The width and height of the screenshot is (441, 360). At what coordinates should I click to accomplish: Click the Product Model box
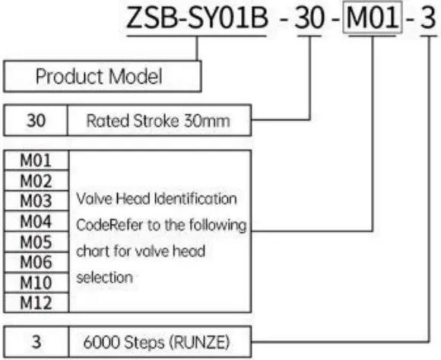(x=103, y=77)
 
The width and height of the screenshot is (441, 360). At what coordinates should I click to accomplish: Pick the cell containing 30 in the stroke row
(x=36, y=119)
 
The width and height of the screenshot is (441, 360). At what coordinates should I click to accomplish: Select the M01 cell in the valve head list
(x=36, y=161)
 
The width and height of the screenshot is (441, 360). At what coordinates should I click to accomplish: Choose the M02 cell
(x=36, y=180)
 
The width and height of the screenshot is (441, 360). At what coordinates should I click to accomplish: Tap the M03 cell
(x=36, y=199)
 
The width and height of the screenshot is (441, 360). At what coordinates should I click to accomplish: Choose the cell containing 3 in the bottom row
(x=36, y=340)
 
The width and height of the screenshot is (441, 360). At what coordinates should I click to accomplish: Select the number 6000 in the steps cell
(x=103, y=340)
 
